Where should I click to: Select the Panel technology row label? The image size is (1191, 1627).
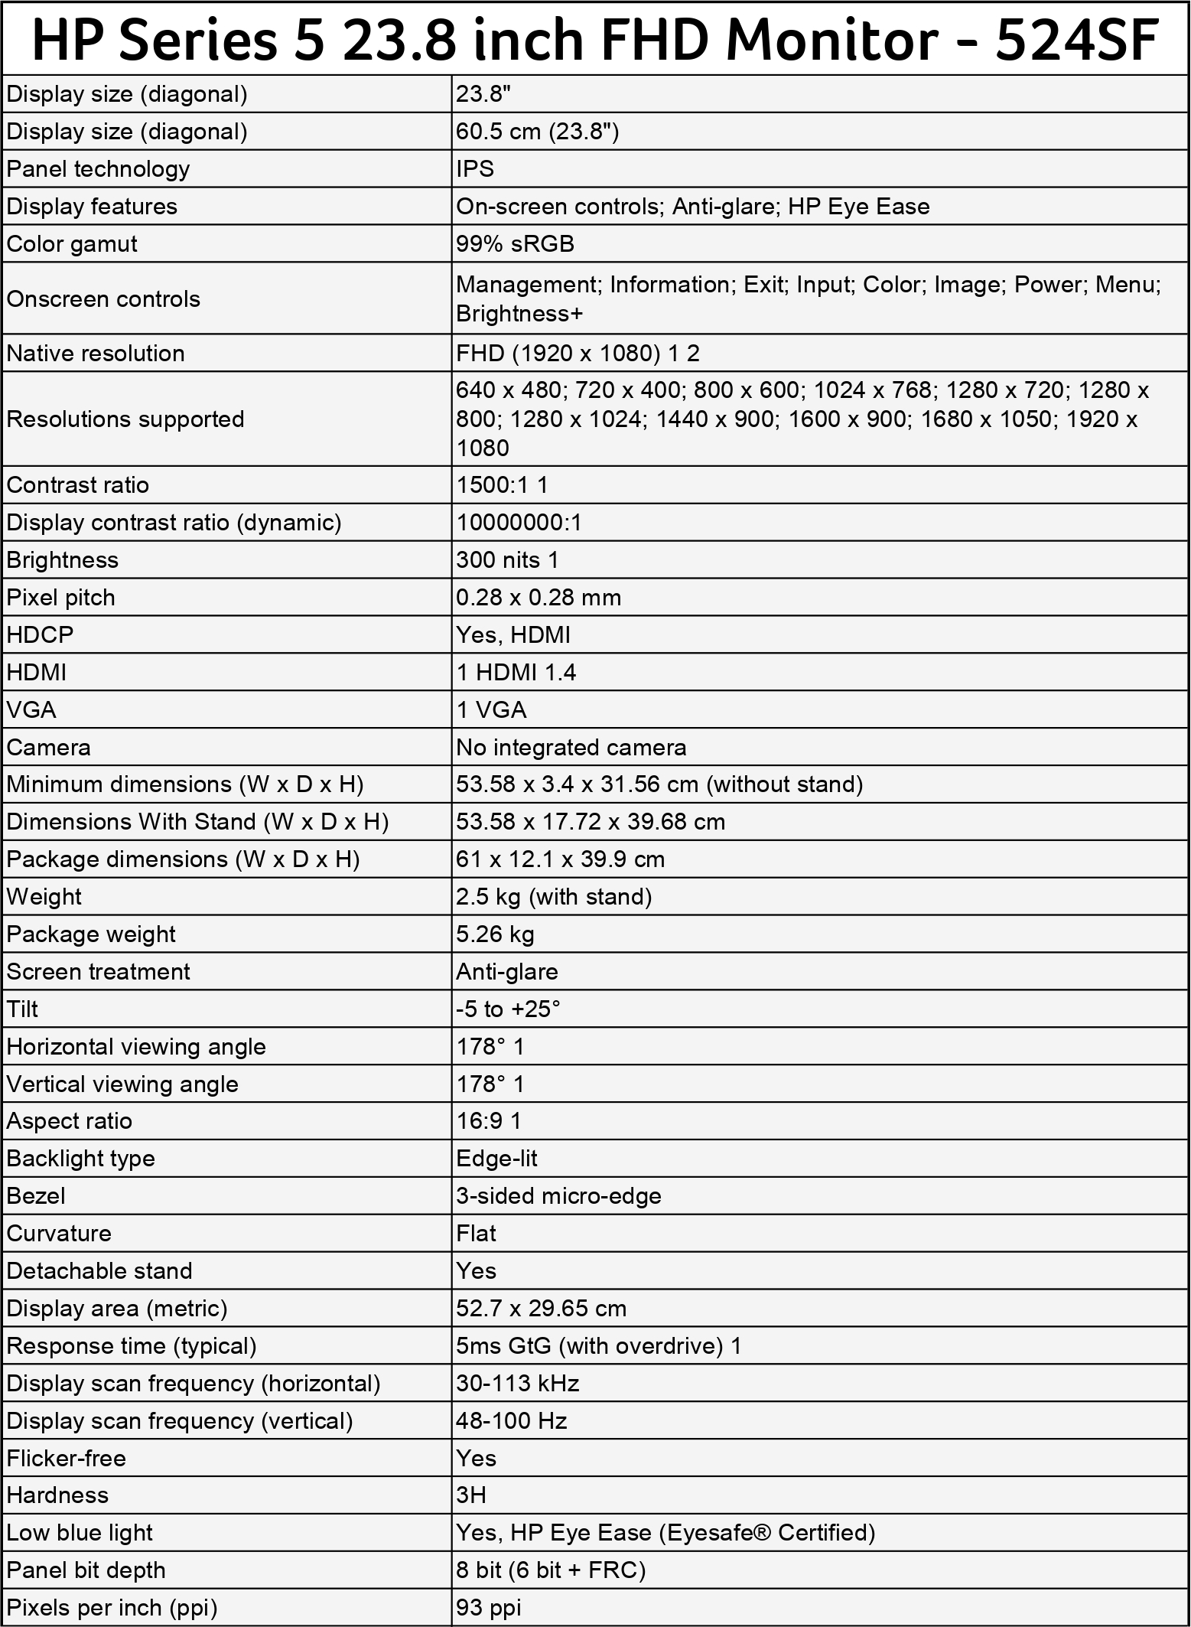pyautogui.click(x=98, y=169)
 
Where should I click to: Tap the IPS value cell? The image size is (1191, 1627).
pyautogui.click(x=475, y=169)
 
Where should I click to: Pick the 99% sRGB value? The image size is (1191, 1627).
pyautogui.click(x=515, y=244)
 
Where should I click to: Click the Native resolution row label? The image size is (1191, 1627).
pyautogui.click(x=96, y=354)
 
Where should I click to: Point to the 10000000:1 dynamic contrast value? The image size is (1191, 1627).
pyautogui.click(x=519, y=523)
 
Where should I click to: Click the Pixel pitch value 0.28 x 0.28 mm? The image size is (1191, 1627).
pyautogui.click(x=539, y=598)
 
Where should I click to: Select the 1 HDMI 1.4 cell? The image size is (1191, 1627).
pyautogui.click(x=516, y=673)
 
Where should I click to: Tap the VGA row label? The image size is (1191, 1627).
pyautogui.click(x=31, y=710)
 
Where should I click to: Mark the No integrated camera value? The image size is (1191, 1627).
pyautogui.click(x=571, y=748)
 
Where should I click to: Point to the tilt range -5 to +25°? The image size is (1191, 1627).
pyautogui.click(x=508, y=1009)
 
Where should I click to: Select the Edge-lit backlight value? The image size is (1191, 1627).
pyautogui.click(x=496, y=1159)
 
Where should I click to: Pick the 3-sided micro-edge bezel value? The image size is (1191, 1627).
pyautogui.click(x=558, y=1196)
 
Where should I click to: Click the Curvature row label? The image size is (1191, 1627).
pyautogui.click(x=59, y=1234)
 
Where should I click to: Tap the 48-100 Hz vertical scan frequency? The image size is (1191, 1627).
pyautogui.click(x=512, y=1421)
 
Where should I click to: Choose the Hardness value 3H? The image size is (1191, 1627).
pyautogui.click(x=471, y=1495)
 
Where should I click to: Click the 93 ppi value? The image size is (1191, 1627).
pyautogui.click(x=489, y=1608)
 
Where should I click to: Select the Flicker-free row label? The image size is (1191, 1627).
pyautogui.click(x=66, y=1459)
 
